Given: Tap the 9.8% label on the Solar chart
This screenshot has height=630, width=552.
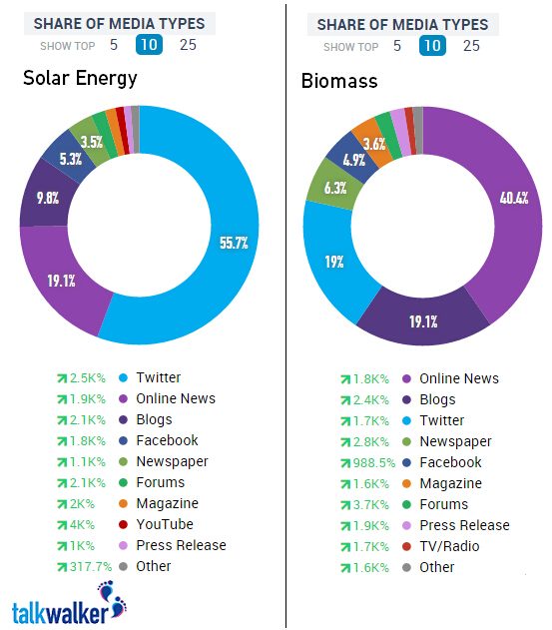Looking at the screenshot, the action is tap(48, 198).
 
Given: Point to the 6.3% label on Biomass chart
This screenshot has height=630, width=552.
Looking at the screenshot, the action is tap(335, 188).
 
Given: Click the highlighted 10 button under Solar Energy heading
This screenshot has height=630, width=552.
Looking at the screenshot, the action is tap(149, 45).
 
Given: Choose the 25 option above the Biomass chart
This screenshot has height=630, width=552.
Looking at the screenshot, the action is tap(471, 46).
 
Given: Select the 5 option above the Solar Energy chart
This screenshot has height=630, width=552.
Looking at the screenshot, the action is tap(114, 45).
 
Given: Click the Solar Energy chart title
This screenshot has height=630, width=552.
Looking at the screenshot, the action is tap(80, 78).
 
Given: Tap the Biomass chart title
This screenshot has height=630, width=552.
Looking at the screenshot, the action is tap(339, 81).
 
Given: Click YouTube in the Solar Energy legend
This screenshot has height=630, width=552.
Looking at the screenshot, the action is tap(165, 524).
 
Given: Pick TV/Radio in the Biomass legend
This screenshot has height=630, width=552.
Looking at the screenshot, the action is tap(449, 546).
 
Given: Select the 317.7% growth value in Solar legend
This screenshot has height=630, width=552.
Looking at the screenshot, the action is tap(91, 566).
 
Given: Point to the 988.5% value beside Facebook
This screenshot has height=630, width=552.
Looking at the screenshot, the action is tap(374, 463).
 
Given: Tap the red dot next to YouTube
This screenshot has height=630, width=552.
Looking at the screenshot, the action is tap(124, 524).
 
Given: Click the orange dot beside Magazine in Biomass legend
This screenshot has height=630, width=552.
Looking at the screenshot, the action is tap(406, 484).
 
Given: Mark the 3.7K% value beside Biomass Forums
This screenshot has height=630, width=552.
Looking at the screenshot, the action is tap(370, 504).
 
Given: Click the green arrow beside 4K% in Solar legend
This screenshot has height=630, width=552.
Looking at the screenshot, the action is tap(62, 525).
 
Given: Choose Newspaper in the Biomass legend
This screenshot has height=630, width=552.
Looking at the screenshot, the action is tap(455, 442).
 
